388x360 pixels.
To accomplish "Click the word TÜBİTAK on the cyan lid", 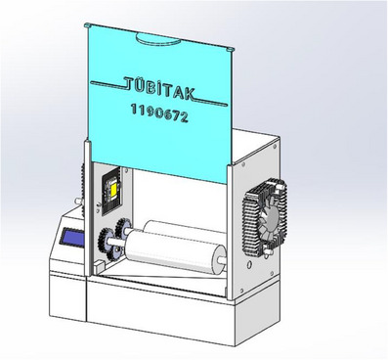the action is point(159,88).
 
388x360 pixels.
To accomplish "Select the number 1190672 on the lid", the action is point(159,112).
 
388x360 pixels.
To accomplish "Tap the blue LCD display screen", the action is point(72,238).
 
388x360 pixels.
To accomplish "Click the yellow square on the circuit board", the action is point(114,192).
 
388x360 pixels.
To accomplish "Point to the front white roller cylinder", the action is point(176,251).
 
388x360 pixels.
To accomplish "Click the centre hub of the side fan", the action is point(272,216).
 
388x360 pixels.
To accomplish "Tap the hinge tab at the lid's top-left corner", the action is point(87,25).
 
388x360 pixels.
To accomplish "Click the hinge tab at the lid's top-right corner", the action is point(231,49).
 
